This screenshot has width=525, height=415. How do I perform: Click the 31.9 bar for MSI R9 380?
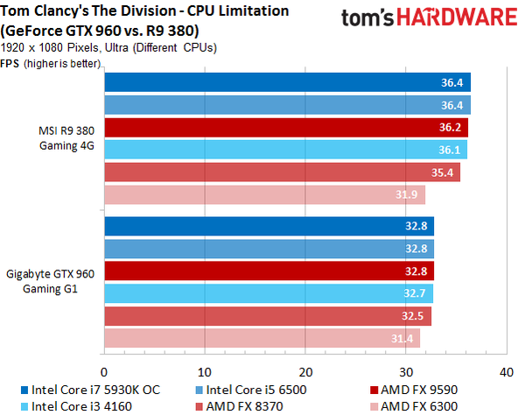265,195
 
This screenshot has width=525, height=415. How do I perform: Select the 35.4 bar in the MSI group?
283,172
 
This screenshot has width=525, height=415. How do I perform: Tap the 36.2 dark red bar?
286,127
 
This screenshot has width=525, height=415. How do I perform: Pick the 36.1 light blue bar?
286,150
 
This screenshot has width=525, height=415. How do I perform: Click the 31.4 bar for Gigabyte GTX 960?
262,338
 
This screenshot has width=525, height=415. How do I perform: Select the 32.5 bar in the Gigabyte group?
268,316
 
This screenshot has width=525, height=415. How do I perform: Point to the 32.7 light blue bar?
269,293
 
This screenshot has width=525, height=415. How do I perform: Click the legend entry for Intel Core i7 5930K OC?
91,390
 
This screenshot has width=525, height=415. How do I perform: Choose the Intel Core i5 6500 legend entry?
251,390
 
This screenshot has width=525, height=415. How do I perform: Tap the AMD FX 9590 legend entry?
414,390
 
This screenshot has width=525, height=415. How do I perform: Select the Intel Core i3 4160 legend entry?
76,406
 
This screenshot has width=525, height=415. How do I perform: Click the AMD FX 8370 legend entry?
240,406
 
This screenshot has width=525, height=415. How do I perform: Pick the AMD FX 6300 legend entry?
414,406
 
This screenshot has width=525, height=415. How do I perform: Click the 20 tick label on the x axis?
305,372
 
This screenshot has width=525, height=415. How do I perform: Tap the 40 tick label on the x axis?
507,372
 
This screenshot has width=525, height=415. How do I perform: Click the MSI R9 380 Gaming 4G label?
66,138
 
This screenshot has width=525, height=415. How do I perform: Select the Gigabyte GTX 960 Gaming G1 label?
50,281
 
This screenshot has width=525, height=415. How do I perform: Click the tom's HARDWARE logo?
430,18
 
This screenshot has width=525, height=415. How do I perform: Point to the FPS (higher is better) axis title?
50,63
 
